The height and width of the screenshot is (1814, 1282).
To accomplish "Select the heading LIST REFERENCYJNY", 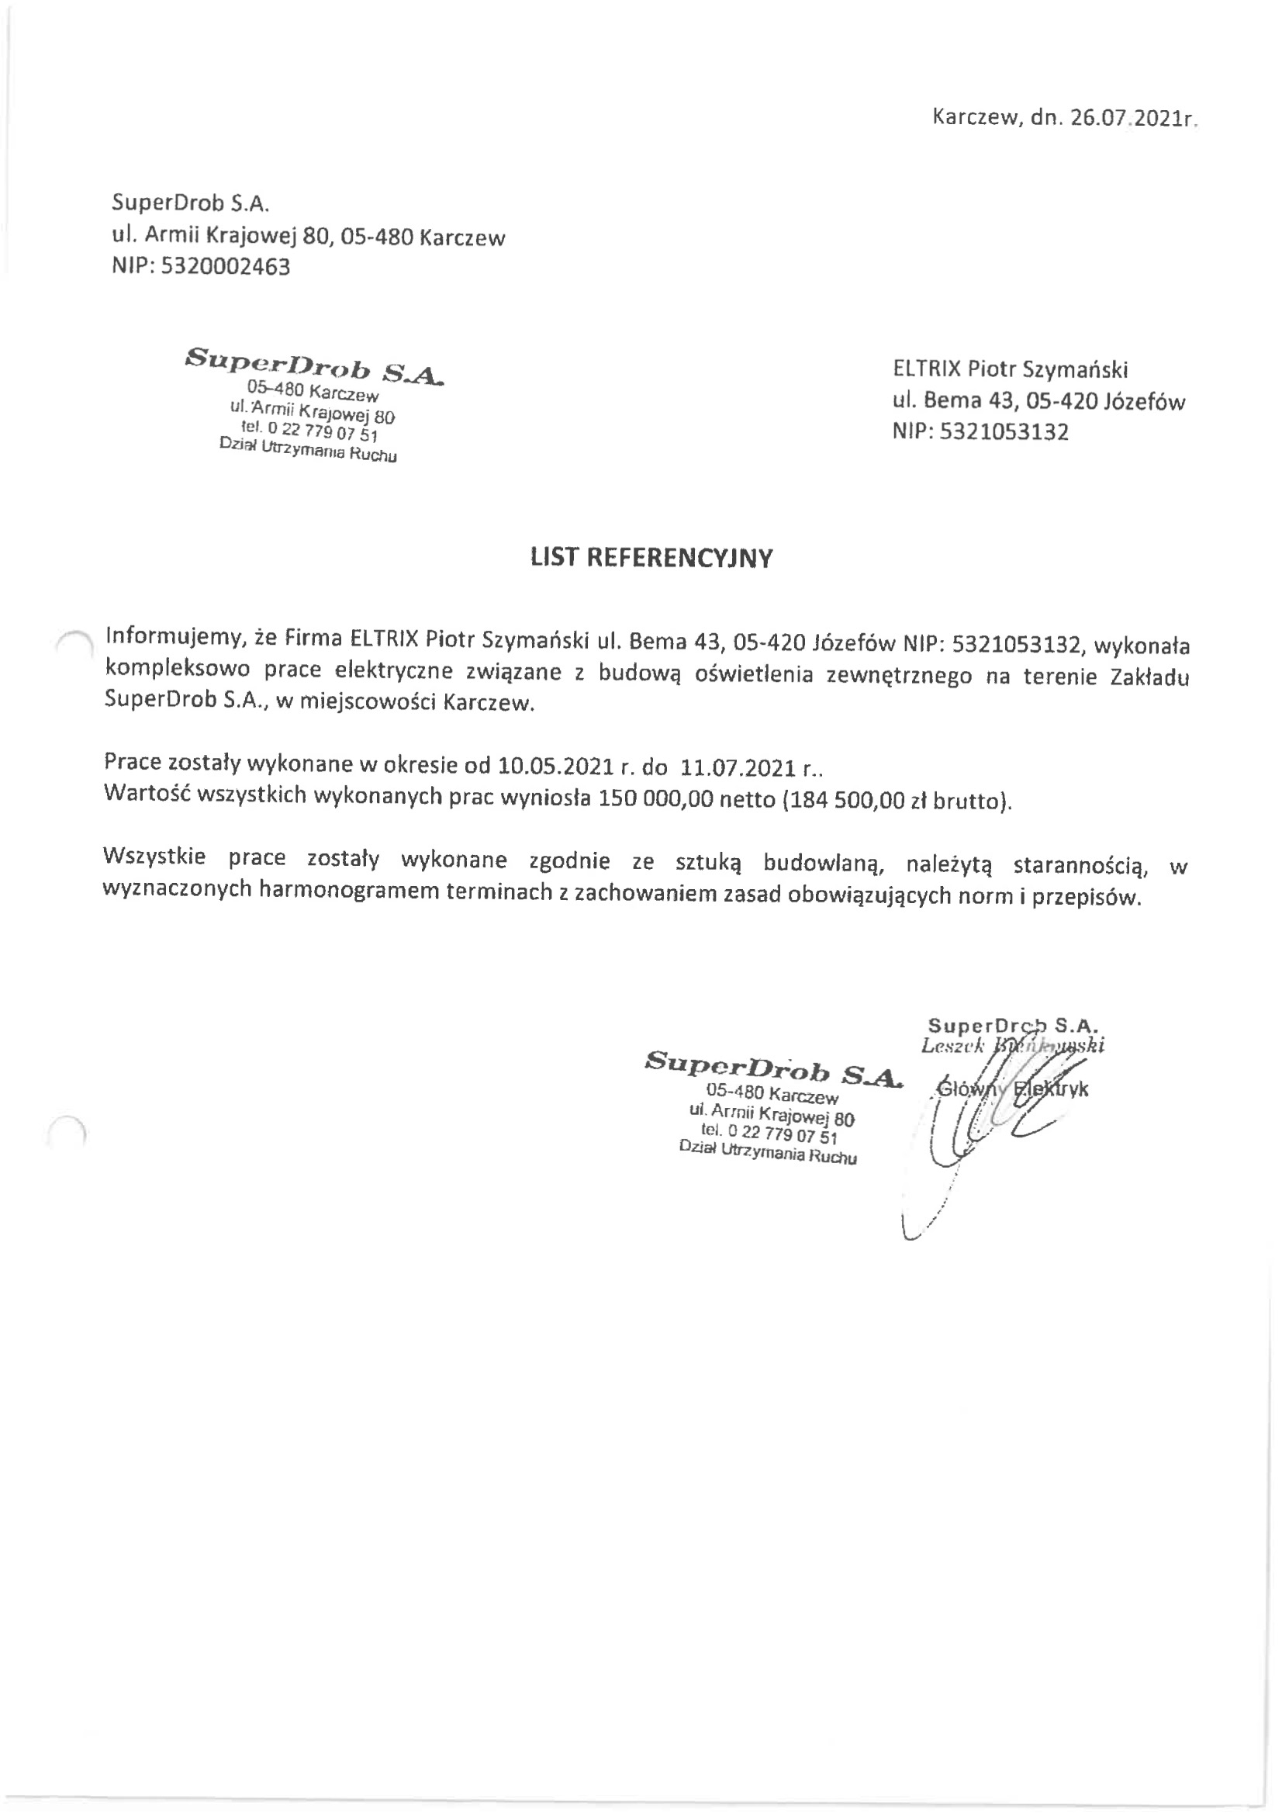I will pyautogui.click(x=651, y=559).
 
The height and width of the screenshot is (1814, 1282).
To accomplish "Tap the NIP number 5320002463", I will pyautogui.click(x=226, y=267).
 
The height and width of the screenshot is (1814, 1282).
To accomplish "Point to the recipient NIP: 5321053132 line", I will pyautogui.click(x=980, y=433).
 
